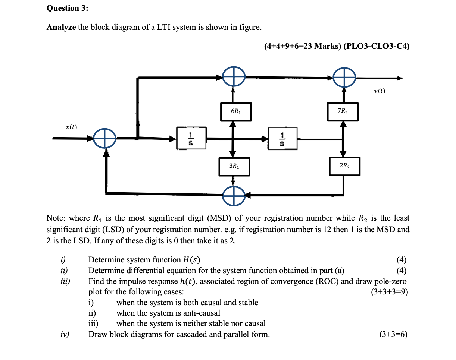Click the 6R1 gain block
pos(235,111)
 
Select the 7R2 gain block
pos(343,111)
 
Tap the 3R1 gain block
pos(234,166)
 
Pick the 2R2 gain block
pos(344,166)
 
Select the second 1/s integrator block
pos(283,139)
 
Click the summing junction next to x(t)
pos(105,139)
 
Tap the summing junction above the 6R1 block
pos(234,78)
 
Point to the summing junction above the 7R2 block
pos(344,78)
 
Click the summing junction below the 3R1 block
pos(234,194)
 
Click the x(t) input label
pos(71,127)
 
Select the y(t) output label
pos(380,91)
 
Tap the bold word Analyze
pos(61,28)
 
